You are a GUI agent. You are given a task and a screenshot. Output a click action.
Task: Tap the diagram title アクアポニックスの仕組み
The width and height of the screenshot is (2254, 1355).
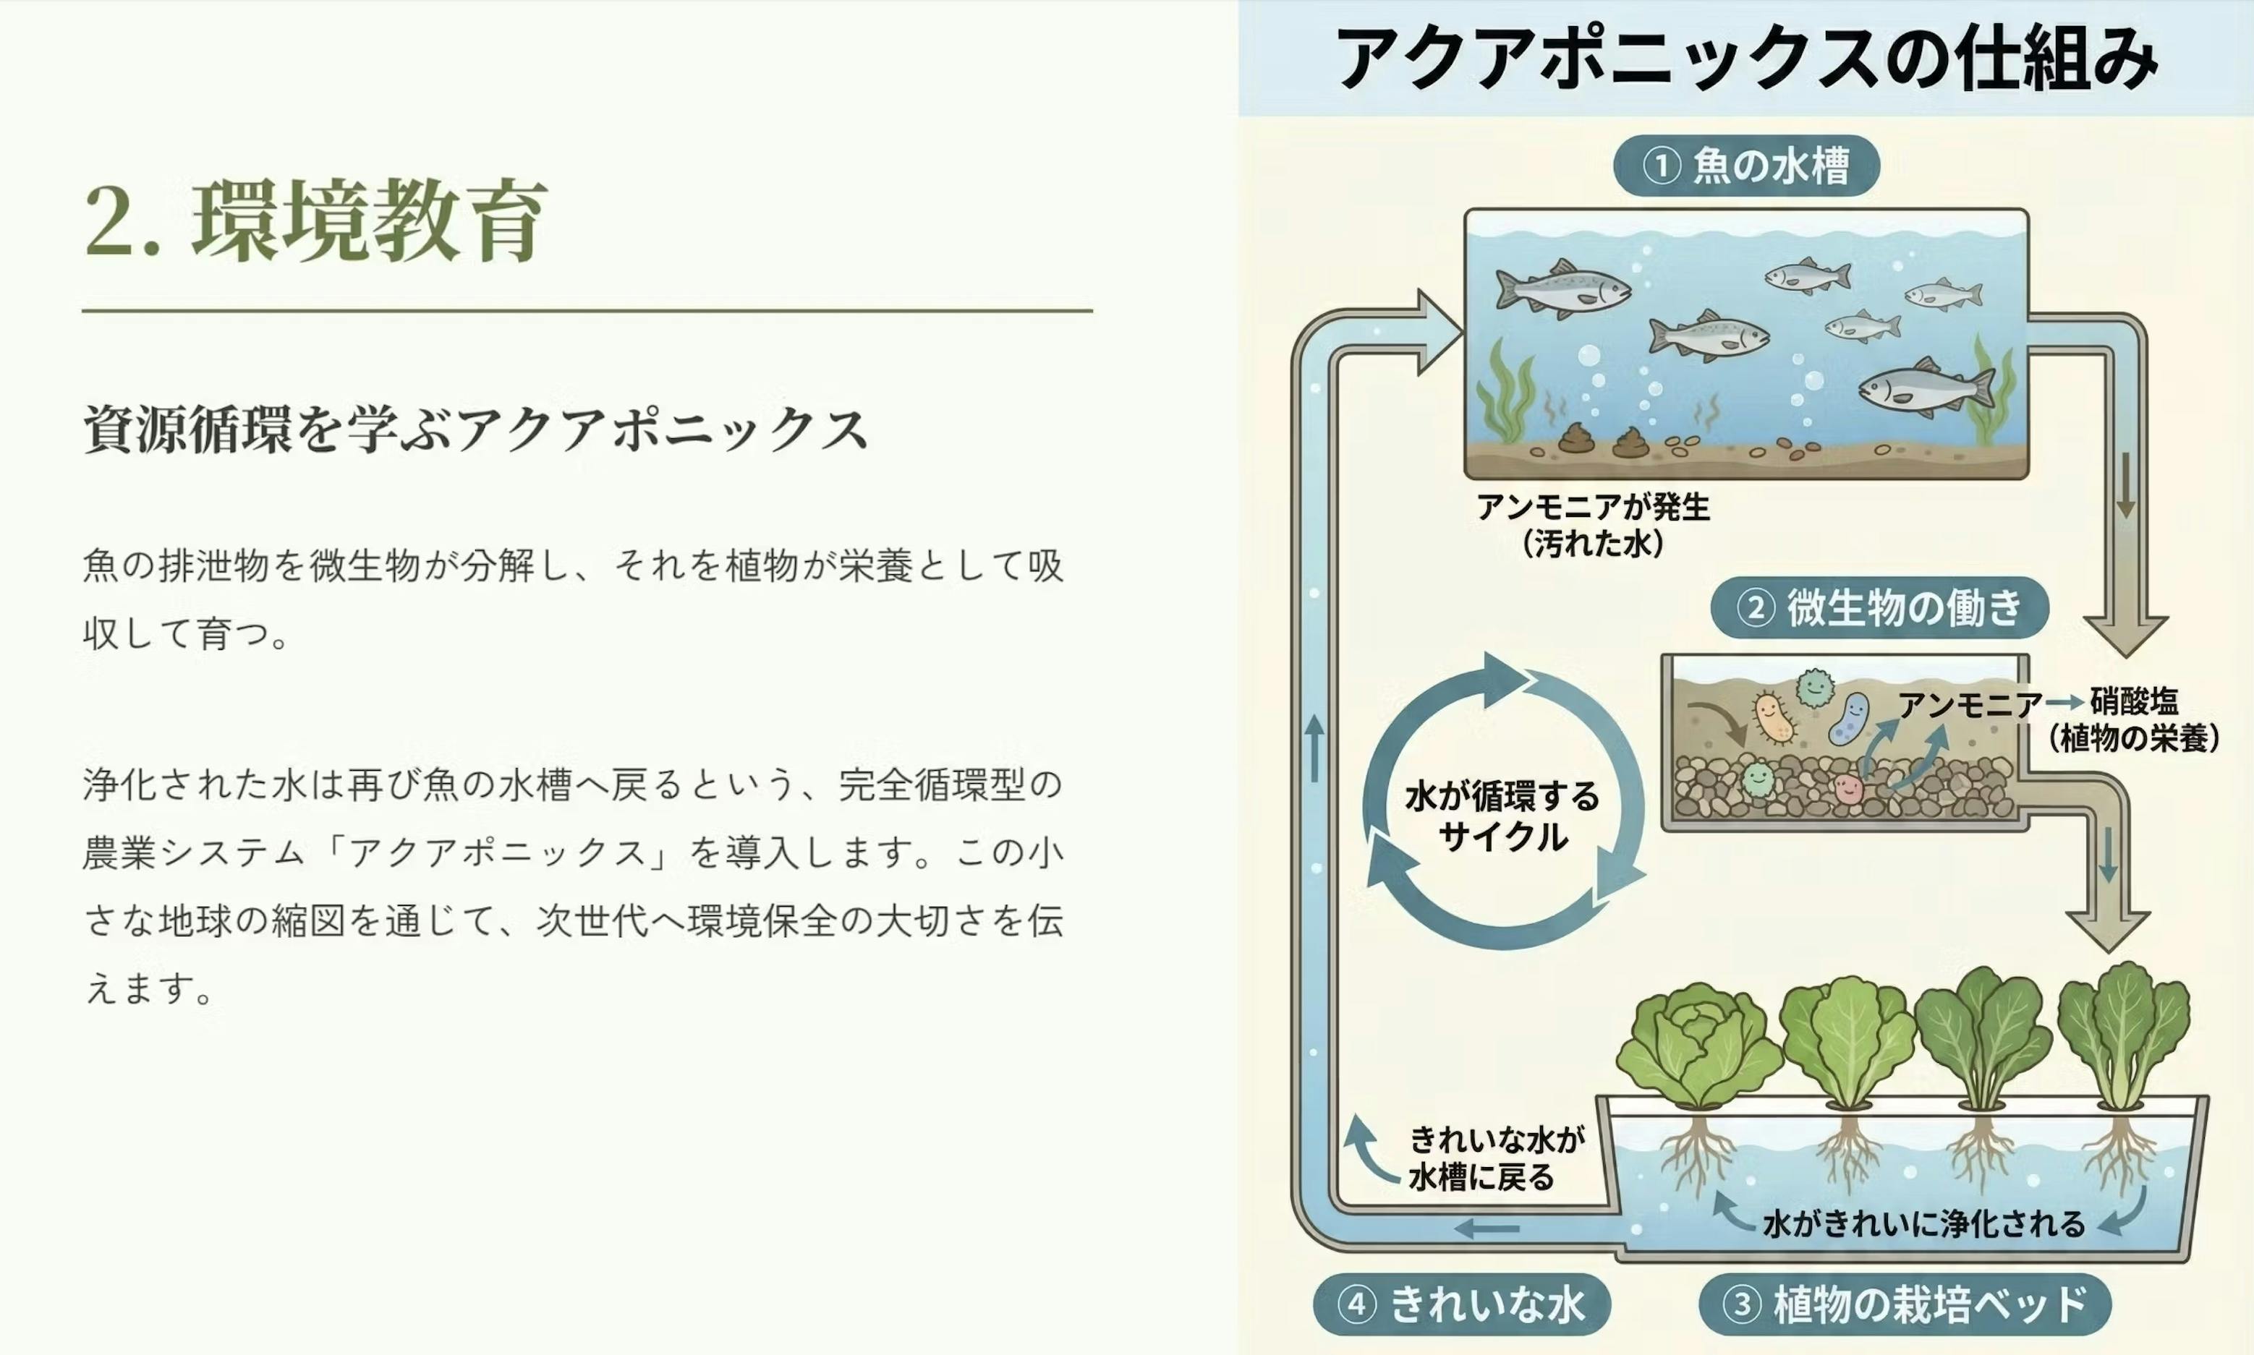(1746, 58)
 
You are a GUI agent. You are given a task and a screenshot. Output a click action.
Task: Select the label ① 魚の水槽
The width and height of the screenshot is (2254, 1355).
(1746, 166)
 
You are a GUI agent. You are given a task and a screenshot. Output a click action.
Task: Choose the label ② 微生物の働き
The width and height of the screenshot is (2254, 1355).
(1879, 608)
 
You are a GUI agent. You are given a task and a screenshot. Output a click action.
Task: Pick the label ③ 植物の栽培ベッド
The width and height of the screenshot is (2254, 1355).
(1905, 1304)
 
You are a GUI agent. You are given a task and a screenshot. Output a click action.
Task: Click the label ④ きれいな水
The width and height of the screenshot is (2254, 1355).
(1461, 1304)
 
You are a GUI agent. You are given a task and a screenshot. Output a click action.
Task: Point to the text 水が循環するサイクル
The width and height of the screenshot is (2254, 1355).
(1502, 816)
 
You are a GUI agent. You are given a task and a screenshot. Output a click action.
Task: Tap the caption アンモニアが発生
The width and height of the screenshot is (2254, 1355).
(1593, 507)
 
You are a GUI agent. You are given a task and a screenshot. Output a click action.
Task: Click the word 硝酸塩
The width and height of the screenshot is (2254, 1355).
(2135, 702)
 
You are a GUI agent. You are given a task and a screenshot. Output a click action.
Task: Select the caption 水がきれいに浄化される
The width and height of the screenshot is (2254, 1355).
(1924, 1223)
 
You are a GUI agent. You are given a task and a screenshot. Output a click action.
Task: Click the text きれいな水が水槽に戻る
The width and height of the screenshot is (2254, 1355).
(1496, 1158)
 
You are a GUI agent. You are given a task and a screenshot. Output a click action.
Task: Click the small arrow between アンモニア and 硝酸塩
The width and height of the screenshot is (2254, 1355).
(2065, 703)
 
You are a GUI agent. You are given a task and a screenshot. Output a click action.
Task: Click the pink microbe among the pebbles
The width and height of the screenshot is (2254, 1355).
(1847, 788)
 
